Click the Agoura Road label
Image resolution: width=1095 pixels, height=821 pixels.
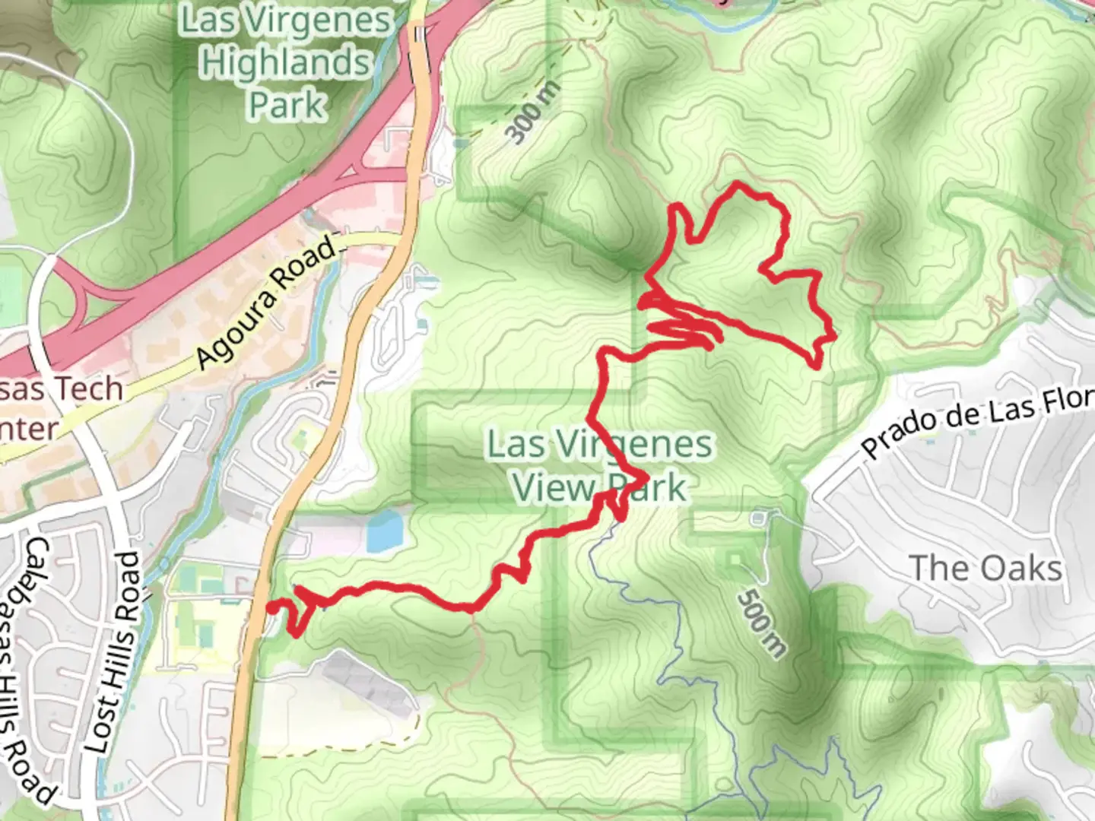click(x=267, y=303)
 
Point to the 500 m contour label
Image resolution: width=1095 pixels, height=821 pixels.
click(x=761, y=623)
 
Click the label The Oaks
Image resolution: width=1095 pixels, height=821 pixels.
click(x=985, y=569)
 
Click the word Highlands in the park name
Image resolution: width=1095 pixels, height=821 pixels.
click(x=284, y=62)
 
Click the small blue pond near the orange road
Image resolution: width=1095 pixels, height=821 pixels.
click(x=383, y=530)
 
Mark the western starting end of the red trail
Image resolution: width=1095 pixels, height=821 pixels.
click(x=271, y=607)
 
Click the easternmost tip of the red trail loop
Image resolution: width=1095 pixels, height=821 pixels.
click(x=834, y=335)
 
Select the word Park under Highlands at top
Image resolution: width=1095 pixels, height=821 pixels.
click(x=287, y=104)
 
